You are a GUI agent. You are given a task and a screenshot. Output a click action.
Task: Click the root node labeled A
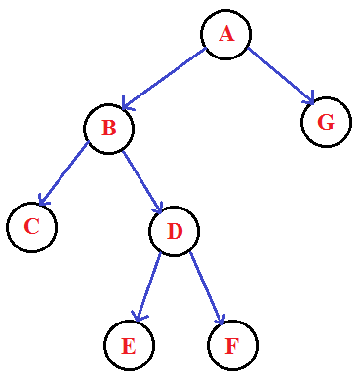point(226,34)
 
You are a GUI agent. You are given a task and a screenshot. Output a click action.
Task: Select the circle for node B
point(108,128)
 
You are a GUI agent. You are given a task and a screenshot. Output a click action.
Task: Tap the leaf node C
point(31,227)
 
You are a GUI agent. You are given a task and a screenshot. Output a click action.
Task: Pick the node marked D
point(175,231)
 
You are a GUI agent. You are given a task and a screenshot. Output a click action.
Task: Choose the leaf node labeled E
point(129,345)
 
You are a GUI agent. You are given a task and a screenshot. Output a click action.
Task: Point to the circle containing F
point(232,345)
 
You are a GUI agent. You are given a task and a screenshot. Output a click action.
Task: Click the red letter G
point(326,122)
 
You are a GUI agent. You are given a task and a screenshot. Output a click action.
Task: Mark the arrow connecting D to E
point(149,287)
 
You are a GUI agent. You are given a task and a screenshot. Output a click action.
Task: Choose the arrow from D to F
point(207,287)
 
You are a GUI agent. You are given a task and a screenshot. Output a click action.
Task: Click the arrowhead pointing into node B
point(125,104)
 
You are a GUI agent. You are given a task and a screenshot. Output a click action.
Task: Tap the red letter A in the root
point(226,34)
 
